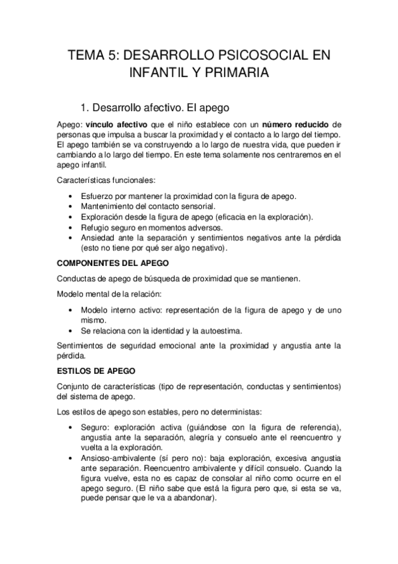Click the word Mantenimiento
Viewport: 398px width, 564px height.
pos(109,207)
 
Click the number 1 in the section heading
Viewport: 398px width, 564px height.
pos(83,106)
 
